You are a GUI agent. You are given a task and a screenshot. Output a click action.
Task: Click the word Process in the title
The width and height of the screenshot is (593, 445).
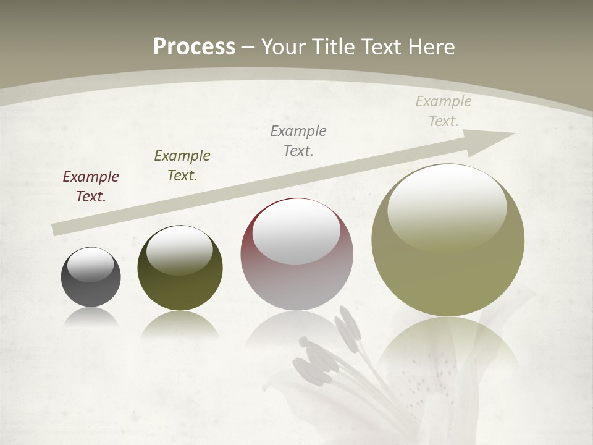pos(194,46)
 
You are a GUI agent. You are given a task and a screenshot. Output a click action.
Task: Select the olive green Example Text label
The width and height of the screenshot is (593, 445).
pos(182,166)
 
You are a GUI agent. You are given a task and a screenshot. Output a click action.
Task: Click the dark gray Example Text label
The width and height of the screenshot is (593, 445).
pos(298,140)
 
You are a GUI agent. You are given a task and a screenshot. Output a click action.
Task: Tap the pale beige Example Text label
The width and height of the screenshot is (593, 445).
pos(444,111)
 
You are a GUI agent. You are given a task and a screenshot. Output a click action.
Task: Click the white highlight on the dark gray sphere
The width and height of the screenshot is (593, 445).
pos(91,265)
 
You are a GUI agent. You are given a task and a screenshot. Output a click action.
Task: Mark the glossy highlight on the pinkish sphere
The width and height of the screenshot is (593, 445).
pos(296,232)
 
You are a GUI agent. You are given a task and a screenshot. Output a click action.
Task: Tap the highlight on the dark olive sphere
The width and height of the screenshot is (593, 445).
pos(179,250)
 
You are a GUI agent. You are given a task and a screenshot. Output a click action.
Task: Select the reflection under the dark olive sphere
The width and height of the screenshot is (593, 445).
pos(180,324)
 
